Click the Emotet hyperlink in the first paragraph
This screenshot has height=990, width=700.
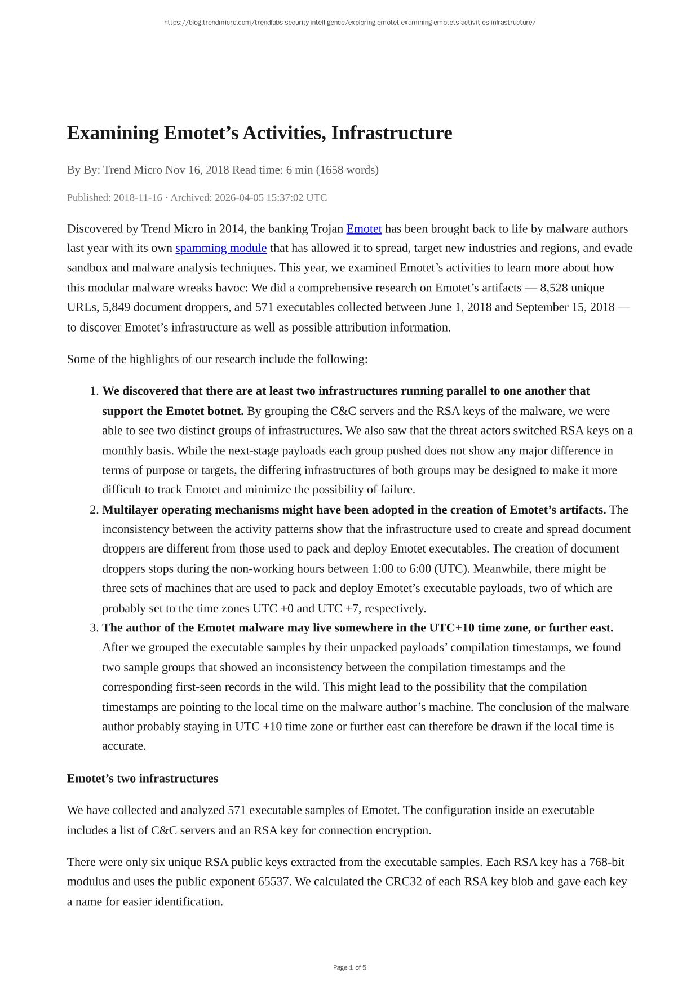tap(364, 229)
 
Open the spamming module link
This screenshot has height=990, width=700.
tap(221, 248)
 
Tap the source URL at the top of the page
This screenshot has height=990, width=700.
tap(349, 23)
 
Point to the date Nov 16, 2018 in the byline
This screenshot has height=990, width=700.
tap(197, 170)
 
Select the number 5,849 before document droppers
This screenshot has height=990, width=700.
tap(116, 307)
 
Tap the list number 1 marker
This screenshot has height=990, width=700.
tap(94, 391)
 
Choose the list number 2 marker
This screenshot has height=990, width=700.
tap(94, 510)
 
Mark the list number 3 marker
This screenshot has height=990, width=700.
tap(94, 628)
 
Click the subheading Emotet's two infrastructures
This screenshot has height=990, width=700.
tap(143, 779)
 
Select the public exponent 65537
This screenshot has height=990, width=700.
tap(273, 882)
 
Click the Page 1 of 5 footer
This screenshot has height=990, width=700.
tap(349, 967)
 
